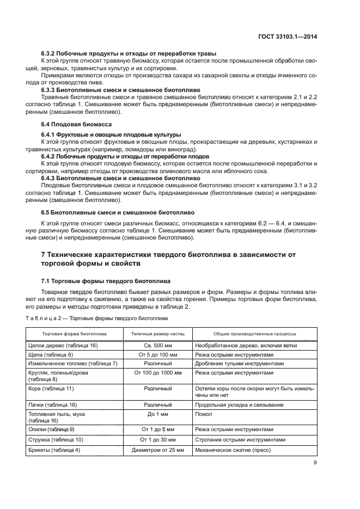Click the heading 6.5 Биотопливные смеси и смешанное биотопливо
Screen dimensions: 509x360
pos(118,212)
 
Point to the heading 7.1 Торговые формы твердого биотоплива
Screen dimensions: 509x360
pos(106,281)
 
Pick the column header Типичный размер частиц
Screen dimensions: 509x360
pos(158,334)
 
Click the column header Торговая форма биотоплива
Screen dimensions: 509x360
pos(75,334)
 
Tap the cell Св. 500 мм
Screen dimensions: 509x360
pos(158,346)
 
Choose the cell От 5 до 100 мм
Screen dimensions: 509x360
pos(158,354)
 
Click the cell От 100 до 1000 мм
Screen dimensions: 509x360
pos(158,373)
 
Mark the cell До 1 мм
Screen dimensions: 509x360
pos(158,414)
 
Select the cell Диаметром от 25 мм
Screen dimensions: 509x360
pos(158,450)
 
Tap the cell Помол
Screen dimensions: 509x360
pos(203,414)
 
